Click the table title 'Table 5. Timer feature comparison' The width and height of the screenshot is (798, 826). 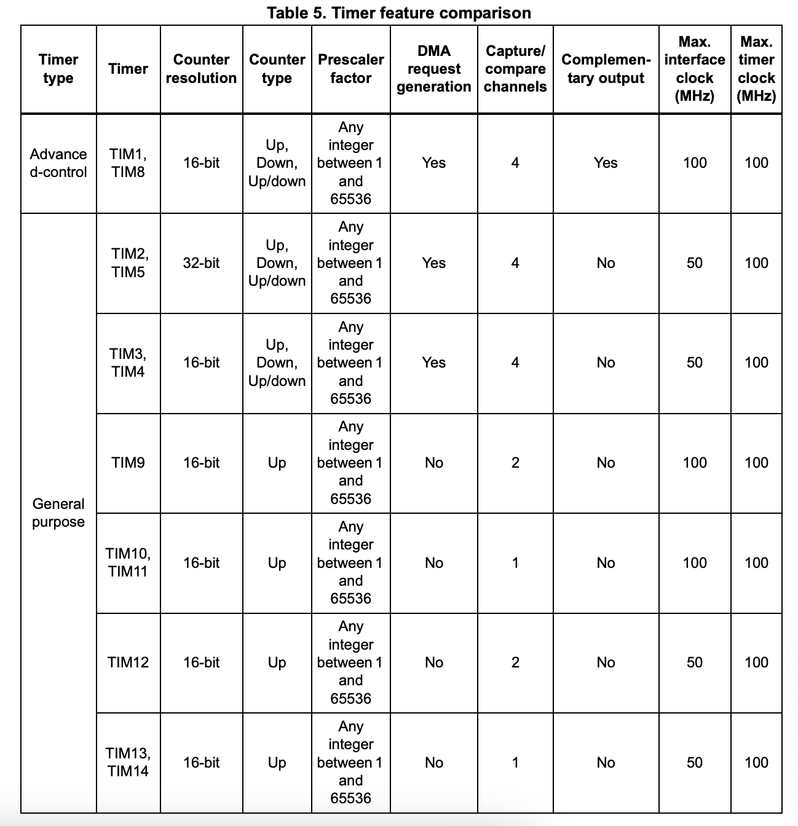coord(399,12)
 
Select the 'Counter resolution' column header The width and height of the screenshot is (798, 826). coord(201,69)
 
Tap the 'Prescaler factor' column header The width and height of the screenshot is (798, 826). coord(350,69)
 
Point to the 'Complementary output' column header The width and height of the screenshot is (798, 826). coord(606,69)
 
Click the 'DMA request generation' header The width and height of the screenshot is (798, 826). coord(433,69)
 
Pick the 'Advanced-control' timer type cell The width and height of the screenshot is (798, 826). coord(58,163)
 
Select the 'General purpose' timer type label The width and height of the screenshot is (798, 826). coord(58,513)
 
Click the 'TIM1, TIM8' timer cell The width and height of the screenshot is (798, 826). coord(128,163)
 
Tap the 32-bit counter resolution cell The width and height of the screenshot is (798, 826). coord(201,263)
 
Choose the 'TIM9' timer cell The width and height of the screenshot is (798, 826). coord(128,463)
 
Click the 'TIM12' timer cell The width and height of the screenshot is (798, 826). coord(128,663)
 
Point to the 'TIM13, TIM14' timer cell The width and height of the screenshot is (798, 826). coord(128,762)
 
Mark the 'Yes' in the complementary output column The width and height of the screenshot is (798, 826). coord(606,163)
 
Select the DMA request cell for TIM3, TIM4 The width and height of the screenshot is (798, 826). coord(433,363)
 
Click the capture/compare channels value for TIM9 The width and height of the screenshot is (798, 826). coord(515,463)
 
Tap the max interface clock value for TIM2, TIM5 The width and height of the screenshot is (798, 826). coord(695,263)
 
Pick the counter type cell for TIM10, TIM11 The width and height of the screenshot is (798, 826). coord(277,563)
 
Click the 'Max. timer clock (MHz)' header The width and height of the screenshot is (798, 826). coord(756,69)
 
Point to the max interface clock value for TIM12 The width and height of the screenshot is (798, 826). coord(695,663)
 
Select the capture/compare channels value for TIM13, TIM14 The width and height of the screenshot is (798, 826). coord(515,762)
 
